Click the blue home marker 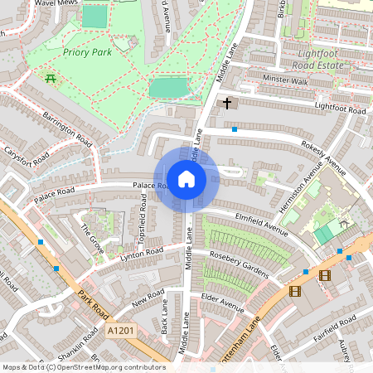(186, 178)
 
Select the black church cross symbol (227, 104)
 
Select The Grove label (92, 235)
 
